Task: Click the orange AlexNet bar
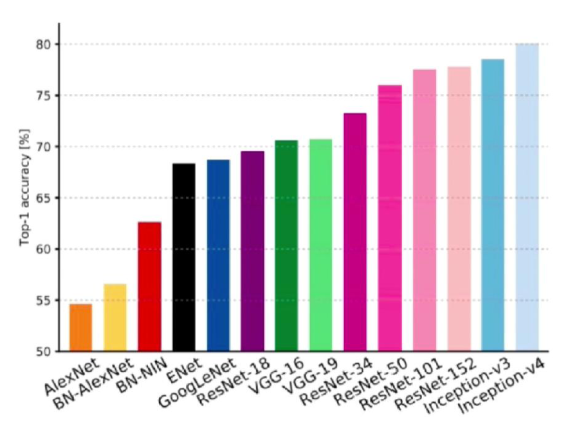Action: [x=81, y=328]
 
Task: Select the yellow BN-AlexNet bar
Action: [x=115, y=318]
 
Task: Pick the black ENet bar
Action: [x=184, y=257]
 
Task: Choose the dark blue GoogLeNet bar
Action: [x=218, y=255]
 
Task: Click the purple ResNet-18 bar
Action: [x=252, y=251]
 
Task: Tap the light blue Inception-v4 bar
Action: [x=527, y=197]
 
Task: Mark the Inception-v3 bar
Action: [x=493, y=205]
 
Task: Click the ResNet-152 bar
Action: [x=459, y=209]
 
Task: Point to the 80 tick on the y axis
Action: [x=43, y=44]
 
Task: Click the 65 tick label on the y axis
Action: [x=43, y=198]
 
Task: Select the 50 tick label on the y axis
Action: [x=43, y=352]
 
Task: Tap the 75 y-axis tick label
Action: [x=43, y=95]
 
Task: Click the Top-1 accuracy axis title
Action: [x=25, y=187]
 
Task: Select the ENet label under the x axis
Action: [x=185, y=370]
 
